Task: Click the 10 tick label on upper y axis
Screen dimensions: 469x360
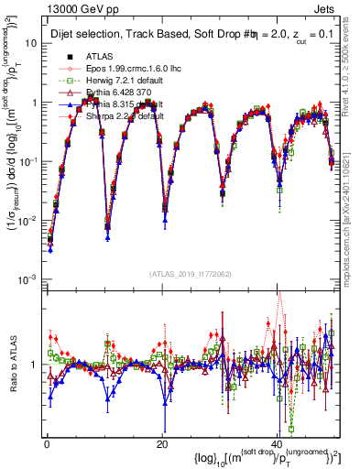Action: [30, 43]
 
